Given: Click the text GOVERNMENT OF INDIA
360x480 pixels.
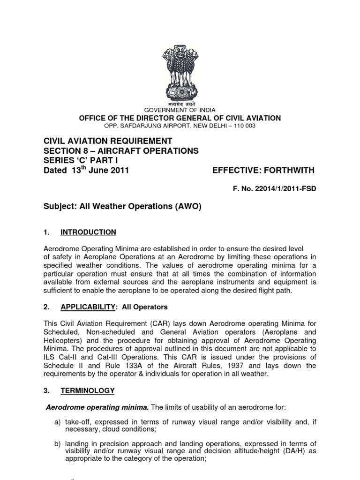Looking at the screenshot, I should (x=180, y=110).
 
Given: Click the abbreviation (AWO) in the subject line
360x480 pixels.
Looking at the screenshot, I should (x=186, y=207).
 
